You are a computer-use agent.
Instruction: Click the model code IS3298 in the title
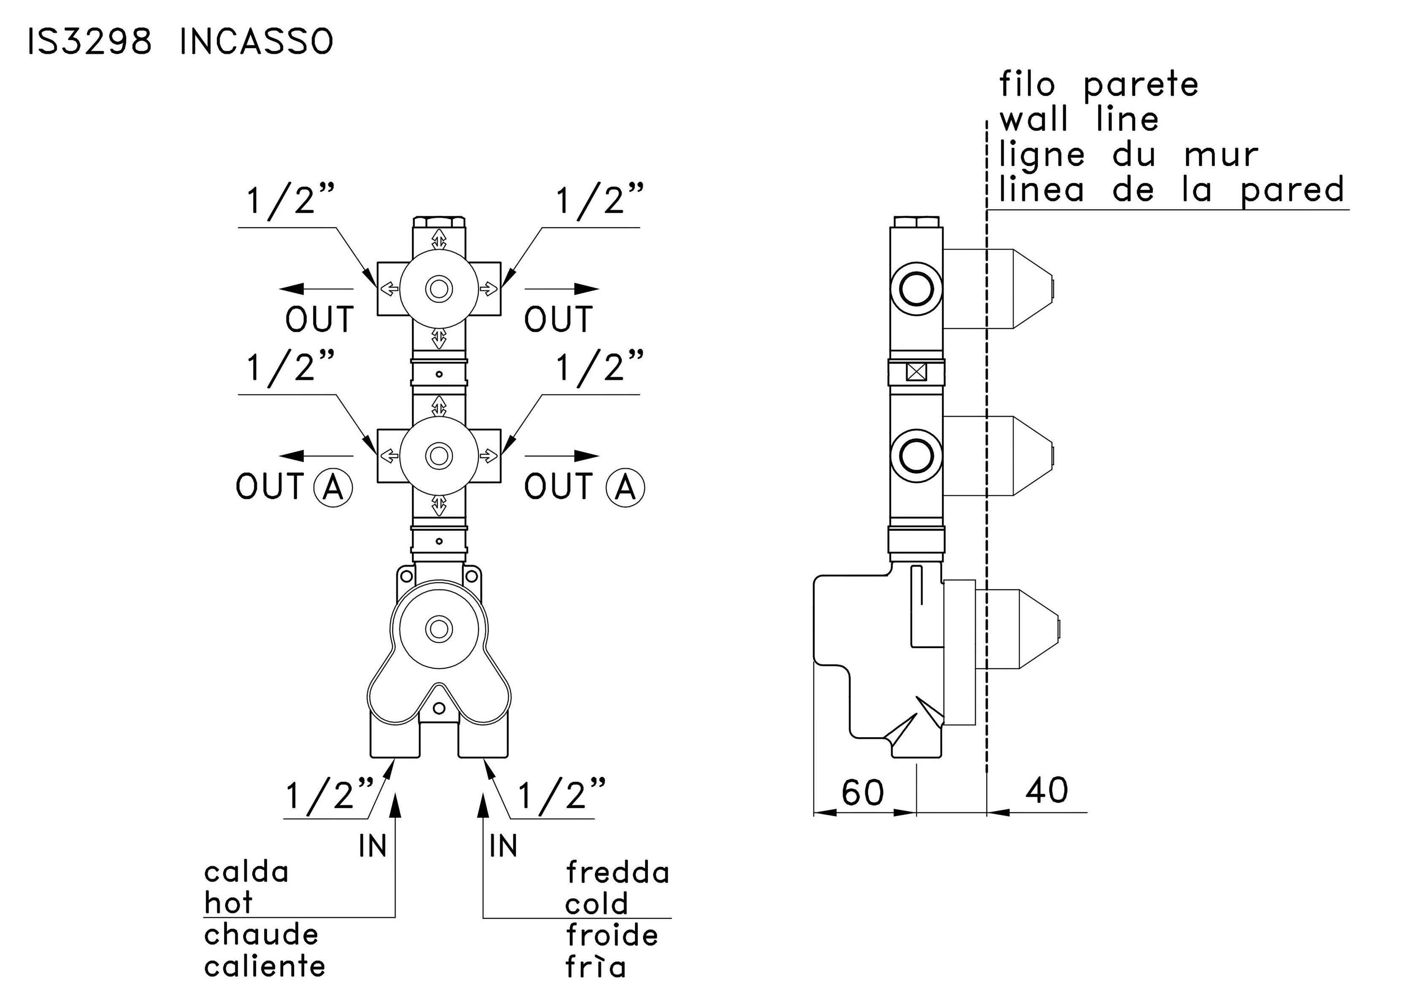point(89,42)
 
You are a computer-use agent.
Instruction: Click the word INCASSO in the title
point(257,42)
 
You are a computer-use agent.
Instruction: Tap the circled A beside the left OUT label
point(333,488)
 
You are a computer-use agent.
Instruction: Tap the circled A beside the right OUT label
point(625,488)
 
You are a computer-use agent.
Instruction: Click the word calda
point(246,872)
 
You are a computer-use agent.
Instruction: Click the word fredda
point(617,873)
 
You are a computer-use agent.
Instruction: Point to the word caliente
point(265,966)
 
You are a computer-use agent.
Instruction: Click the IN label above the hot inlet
point(372,846)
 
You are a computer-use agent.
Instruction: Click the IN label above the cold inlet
point(503,846)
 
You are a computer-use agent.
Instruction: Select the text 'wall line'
point(1079,119)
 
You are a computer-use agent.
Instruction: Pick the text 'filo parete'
point(1099,85)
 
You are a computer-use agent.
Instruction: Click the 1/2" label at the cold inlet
point(561,795)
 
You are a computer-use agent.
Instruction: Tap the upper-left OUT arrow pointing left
point(315,288)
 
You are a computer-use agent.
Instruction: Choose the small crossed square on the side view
point(916,372)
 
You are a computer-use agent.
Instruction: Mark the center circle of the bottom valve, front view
point(439,629)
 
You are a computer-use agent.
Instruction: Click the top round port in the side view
point(916,289)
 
